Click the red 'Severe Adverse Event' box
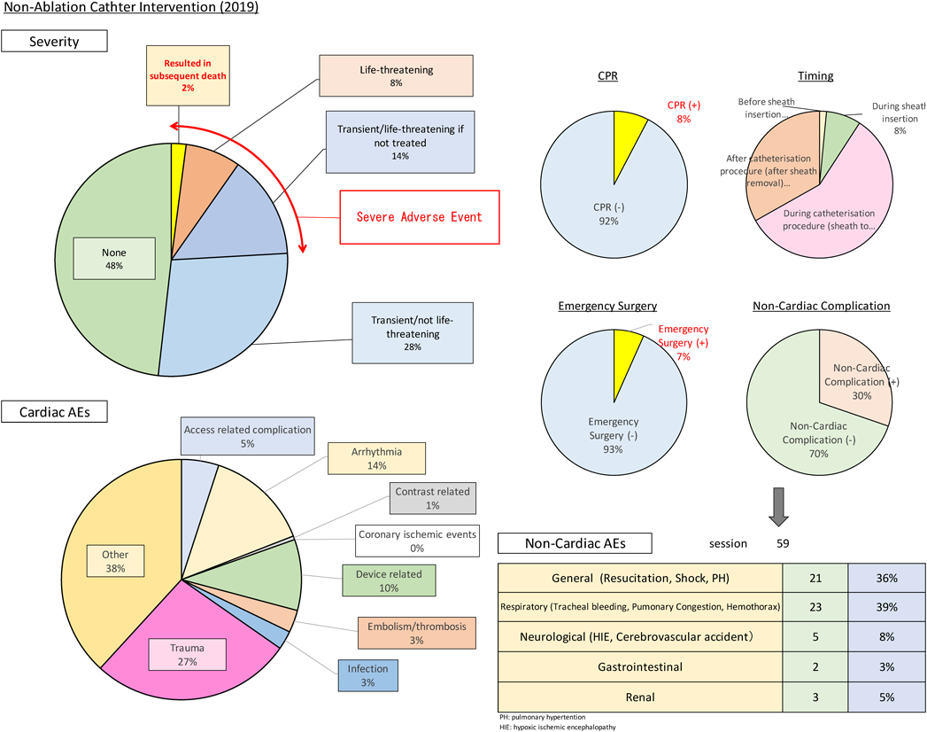coord(419,217)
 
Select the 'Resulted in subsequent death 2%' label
coord(188,75)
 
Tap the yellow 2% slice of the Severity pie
coord(178,177)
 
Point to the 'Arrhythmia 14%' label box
coord(376,459)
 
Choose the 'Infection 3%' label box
coord(367,676)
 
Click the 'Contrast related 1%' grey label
coord(433,498)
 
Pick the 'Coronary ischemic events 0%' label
coord(417,541)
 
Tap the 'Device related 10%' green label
coord(389,580)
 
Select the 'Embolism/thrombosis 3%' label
coord(417,633)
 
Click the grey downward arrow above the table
coord(778,507)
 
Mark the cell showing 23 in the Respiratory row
coord(815,607)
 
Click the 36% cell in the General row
coord(887,578)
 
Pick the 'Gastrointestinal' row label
coord(640,667)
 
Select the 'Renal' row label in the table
coord(640,697)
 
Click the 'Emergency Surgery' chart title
coord(607,306)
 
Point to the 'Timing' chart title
coord(815,75)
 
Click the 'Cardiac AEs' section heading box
coord(54,412)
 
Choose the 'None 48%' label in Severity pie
coord(114,259)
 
